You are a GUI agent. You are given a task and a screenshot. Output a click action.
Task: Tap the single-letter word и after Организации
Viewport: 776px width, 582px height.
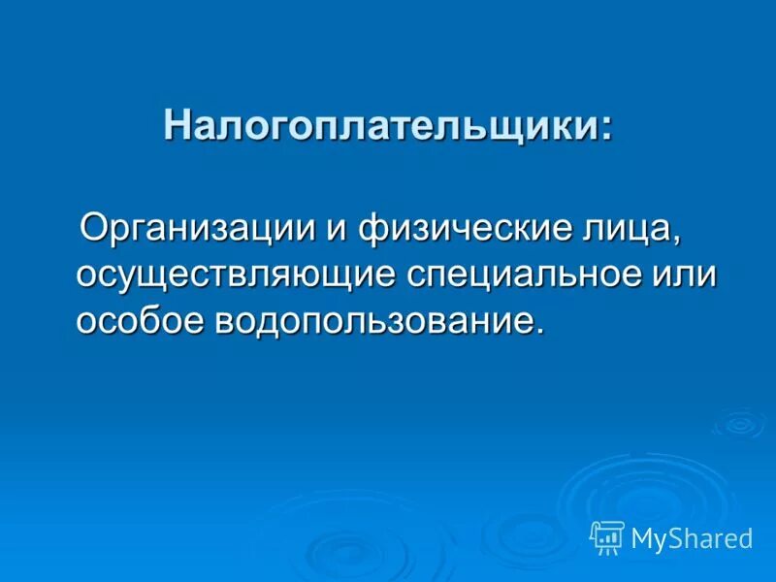pyautogui.click(x=337, y=231)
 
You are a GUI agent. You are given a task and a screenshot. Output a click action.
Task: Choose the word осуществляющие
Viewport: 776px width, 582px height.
pyautogui.click(x=236, y=275)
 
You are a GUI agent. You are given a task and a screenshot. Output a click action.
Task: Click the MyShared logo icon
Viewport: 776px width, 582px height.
pyautogui.click(x=607, y=536)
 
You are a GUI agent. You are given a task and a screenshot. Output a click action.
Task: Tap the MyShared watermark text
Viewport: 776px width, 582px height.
pyautogui.click(x=691, y=538)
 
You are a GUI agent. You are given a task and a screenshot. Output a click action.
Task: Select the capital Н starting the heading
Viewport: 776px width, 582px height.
pyautogui.click(x=177, y=125)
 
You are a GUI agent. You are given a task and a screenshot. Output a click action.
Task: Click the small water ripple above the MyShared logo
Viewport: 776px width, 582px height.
pyautogui.click(x=738, y=423)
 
